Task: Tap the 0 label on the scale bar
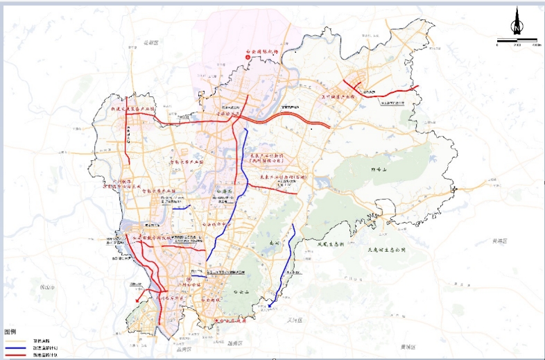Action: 497,44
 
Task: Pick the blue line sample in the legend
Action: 17,348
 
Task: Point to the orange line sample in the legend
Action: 17,341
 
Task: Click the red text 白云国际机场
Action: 261,52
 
